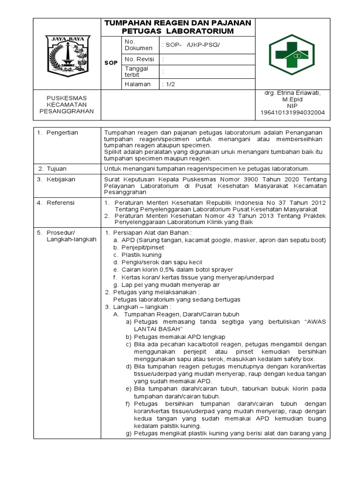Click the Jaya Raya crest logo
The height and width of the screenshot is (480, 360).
click(66, 54)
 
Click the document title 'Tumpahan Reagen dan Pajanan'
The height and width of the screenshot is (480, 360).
click(178, 23)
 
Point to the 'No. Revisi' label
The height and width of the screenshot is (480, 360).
click(139, 59)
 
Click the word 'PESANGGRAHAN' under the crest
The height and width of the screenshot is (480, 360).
click(67, 111)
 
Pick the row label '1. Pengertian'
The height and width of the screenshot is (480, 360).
click(58, 133)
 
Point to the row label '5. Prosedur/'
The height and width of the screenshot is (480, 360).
click(60, 232)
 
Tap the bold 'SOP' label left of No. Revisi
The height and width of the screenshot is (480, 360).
click(111, 62)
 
